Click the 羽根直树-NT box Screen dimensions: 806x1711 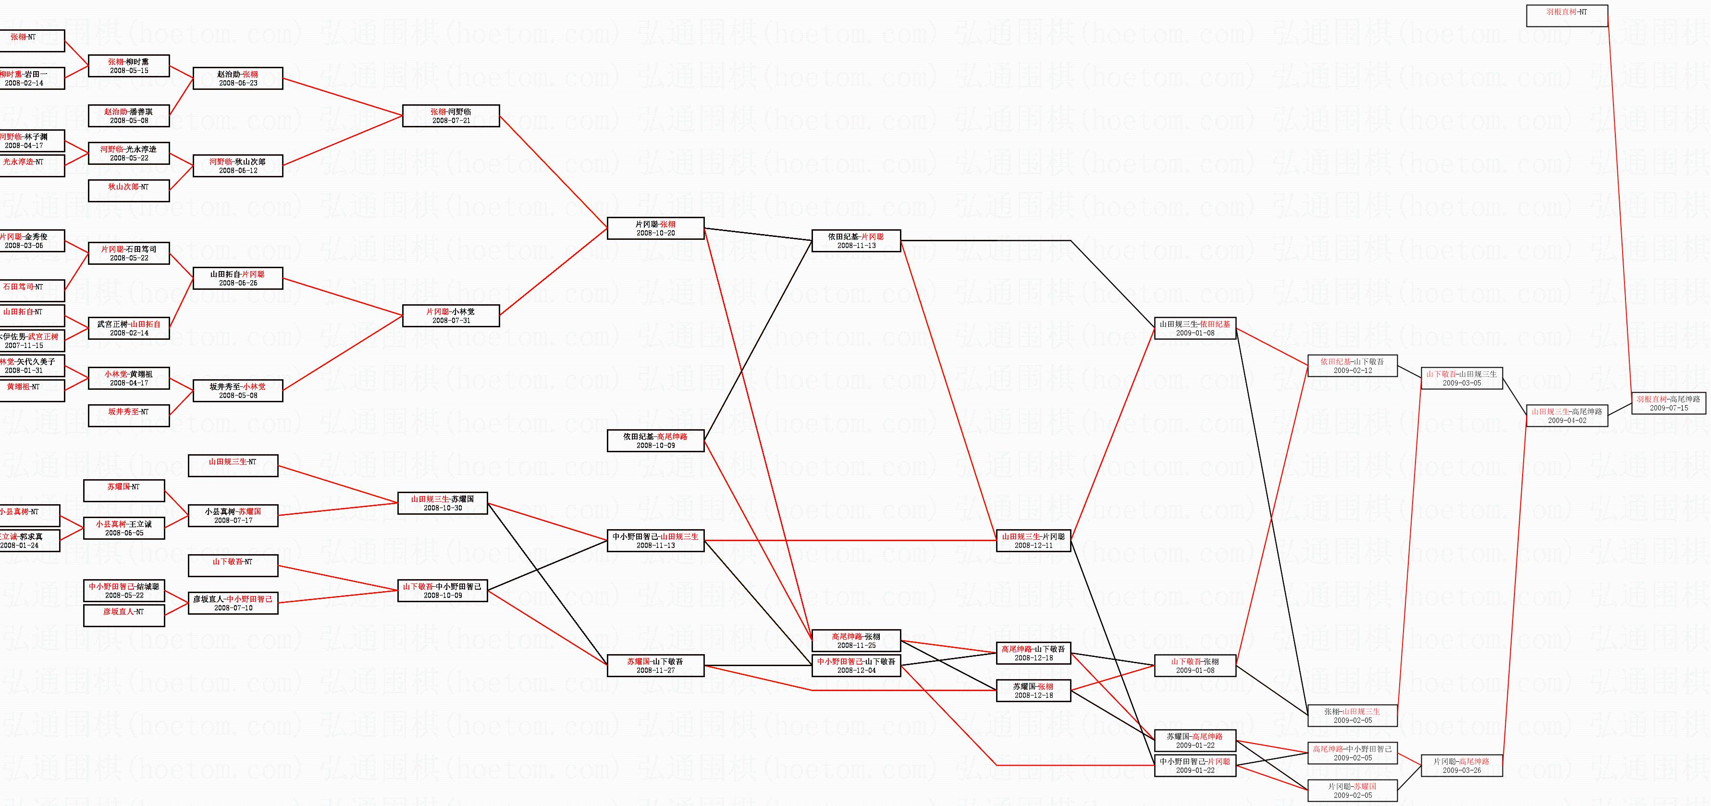1566,15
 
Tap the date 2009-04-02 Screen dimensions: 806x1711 1567,421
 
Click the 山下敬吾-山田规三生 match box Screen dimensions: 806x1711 1461,378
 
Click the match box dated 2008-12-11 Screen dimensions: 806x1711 1034,541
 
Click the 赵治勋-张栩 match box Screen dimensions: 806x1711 238,78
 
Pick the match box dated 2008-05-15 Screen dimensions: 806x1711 129,66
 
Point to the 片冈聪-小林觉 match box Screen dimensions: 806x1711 451,316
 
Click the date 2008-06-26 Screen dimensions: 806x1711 238,283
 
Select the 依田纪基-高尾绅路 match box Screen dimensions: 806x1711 655,441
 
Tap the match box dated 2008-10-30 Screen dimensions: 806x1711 443,503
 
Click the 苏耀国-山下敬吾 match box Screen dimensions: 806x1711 655,666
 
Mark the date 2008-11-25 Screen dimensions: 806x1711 856,645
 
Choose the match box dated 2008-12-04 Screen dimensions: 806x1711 856,666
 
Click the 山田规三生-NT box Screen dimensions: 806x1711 233,465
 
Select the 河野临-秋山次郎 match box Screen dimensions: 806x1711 238,165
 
